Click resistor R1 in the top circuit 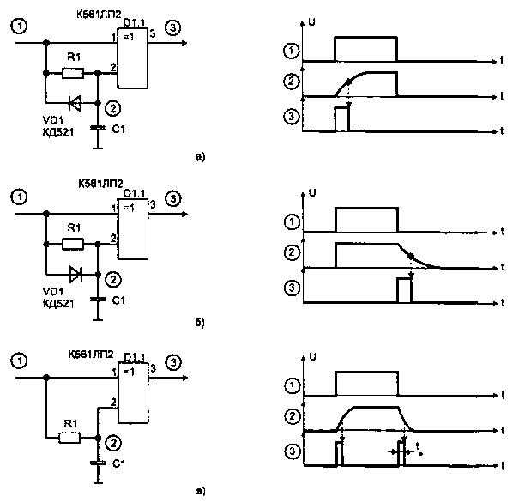(x=73, y=73)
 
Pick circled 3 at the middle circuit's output (x=174, y=199)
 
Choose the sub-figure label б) (x=200, y=324)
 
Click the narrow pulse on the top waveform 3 (x=342, y=118)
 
